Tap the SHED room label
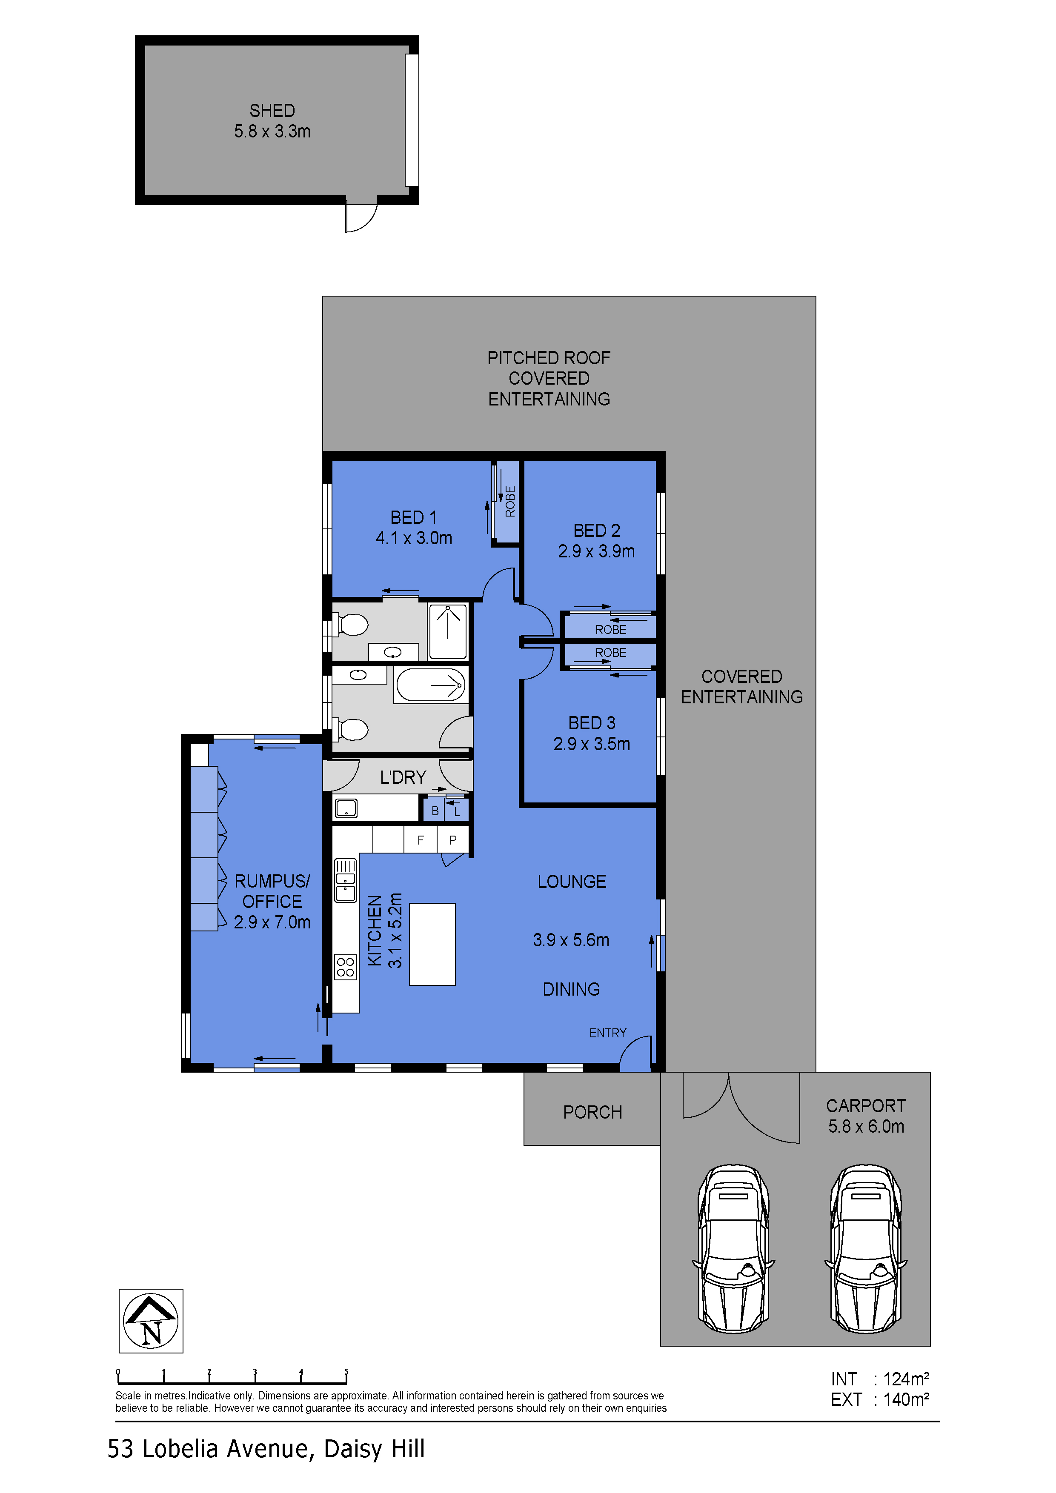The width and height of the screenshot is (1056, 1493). click(x=272, y=111)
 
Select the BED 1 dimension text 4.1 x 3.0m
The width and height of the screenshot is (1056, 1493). click(x=414, y=538)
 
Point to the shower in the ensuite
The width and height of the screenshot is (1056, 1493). click(x=448, y=631)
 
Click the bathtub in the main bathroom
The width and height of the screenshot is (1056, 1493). click(x=431, y=685)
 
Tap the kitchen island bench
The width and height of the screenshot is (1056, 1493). click(x=432, y=944)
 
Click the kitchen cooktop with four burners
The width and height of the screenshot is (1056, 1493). click(x=346, y=967)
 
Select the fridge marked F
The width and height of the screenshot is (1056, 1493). click(x=421, y=839)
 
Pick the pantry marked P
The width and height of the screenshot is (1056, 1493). click(x=453, y=839)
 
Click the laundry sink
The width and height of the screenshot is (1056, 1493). click(x=346, y=808)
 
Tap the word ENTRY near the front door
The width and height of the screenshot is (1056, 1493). click(x=608, y=1033)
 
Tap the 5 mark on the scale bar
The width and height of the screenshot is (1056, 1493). click(x=346, y=1372)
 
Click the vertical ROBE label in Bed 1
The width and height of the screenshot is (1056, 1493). click(x=510, y=501)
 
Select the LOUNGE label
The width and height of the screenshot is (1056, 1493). click(x=572, y=881)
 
